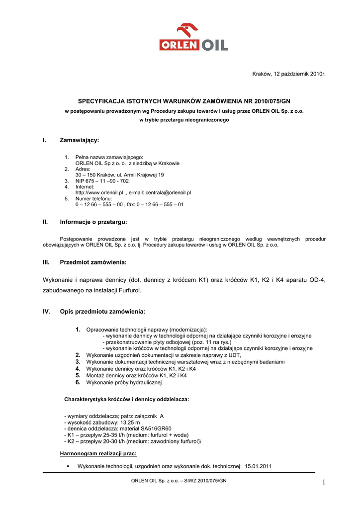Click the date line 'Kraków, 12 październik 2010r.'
(289, 74)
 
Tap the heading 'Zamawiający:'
(80, 141)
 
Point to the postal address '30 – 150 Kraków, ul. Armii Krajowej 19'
(119, 175)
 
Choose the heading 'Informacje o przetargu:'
(93, 222)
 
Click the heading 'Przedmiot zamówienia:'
(93, 261)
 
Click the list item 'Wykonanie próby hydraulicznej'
(124, 383)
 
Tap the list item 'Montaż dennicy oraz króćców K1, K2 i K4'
(136, 376)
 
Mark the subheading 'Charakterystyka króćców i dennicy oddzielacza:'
(126, 399)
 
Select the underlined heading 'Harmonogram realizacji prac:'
(98, 454)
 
